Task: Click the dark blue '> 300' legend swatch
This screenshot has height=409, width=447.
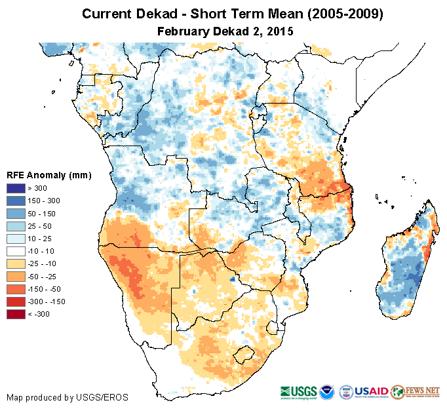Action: [x=16, y=189]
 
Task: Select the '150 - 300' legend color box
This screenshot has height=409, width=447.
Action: [x=16, y=201]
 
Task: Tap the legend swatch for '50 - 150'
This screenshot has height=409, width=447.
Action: [x=16, y=214]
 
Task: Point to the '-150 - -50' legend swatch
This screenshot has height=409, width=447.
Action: [x=16, y=289]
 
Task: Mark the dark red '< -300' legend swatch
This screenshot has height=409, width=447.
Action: [x=16, y=314]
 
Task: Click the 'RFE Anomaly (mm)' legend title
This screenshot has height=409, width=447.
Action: [x=49, y=175]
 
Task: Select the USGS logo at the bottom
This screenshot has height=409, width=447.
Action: [x=300, y=391]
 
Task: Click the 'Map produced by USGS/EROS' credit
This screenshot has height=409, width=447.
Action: [x=68, y=397]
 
